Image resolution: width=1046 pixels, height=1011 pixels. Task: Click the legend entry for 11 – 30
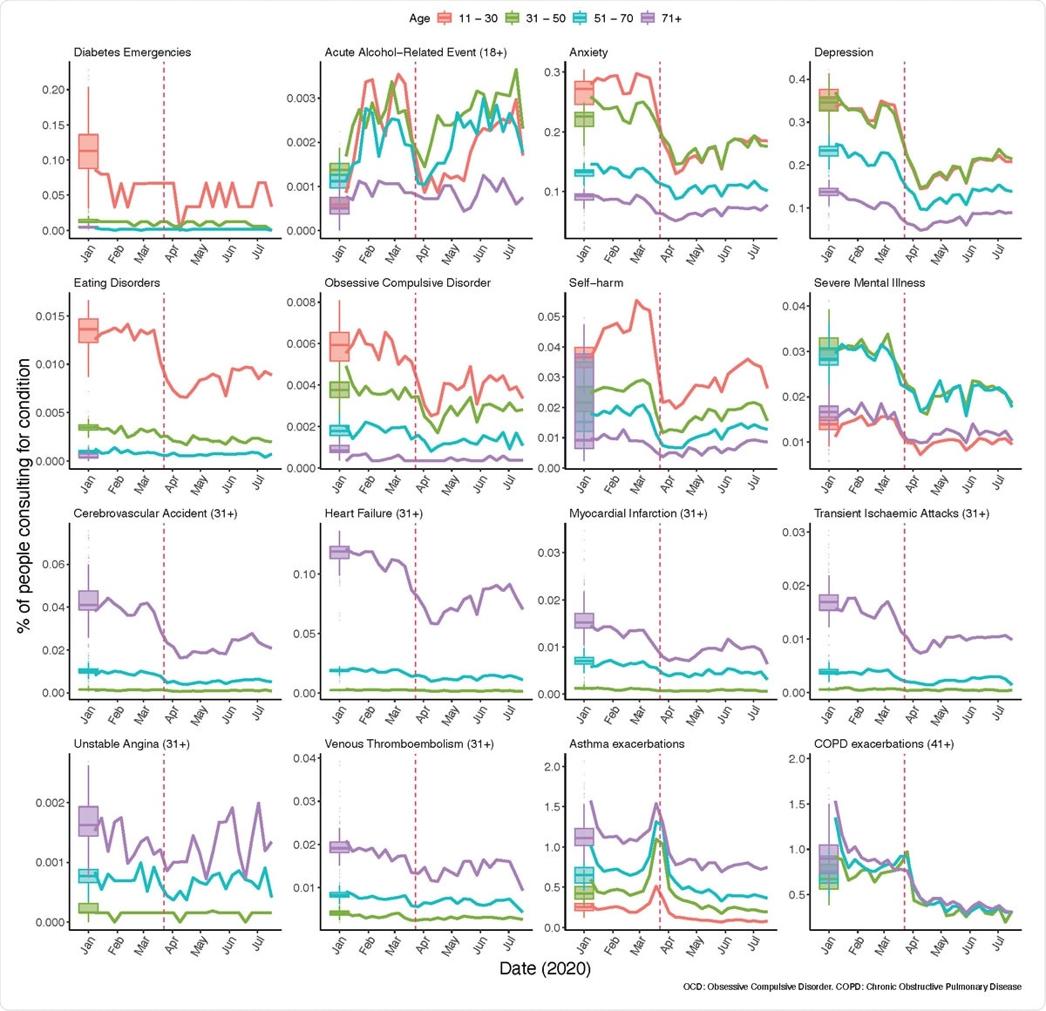click(x=469, y=18)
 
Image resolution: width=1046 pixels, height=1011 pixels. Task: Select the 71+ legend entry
click(x=661, y=18)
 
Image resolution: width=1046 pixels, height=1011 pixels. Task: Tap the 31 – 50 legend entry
click(x=537, y=18)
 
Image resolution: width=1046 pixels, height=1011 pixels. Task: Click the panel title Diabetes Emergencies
click(x=132, y=52)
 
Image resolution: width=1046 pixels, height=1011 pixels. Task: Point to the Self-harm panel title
click(x=596, y=282)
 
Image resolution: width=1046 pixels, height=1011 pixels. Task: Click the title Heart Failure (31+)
click(x=373, y=513)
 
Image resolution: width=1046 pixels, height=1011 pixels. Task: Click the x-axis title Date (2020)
click(x=545, y=968)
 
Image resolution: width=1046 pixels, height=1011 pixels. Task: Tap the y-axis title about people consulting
click(x=24, y=495)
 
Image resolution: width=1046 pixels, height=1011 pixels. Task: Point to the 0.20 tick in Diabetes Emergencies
click(x=54, y=90)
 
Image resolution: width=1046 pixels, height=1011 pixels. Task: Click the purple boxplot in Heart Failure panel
click(x=339, y=552)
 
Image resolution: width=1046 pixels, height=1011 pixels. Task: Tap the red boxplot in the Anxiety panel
click(x=584, y=92)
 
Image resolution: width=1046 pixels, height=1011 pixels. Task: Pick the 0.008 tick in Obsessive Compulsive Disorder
click(x=302, y=302)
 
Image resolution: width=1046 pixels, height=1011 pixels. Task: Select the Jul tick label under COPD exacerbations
click(x=999, y=945)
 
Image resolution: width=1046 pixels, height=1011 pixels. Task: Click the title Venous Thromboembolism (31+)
click(x=409, y=743)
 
